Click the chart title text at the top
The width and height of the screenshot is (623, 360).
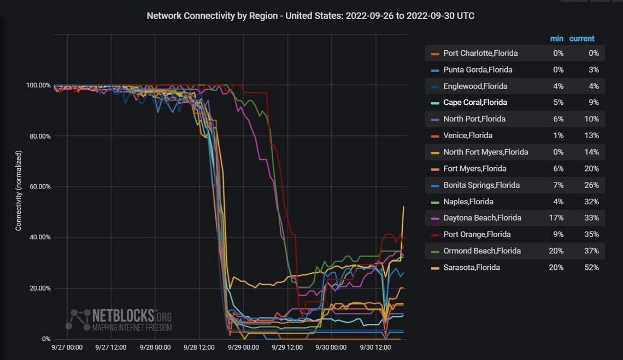click(x=310, y=16)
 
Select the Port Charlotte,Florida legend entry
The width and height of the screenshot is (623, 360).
click(x=480, y=53)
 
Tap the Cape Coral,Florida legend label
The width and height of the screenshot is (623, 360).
click(x=475, y=102)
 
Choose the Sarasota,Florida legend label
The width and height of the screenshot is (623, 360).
click(x=472, y=267)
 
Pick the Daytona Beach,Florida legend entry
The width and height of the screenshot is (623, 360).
click(x=482, y=217)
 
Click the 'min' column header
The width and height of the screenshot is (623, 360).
click(x=556, y=38)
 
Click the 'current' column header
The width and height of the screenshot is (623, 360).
click(x=581, y=38)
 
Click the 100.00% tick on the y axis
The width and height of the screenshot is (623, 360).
click(x=38, y=85)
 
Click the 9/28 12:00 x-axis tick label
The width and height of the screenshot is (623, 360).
click(x=199, y=347)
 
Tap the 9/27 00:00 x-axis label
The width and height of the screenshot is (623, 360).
click(x=67, y=347)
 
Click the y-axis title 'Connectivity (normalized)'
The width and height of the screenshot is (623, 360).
click(x=19, y=190)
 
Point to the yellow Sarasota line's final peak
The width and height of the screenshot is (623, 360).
click(x=403, y=206)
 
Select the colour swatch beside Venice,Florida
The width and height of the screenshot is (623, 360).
click(x=435, y=135)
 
